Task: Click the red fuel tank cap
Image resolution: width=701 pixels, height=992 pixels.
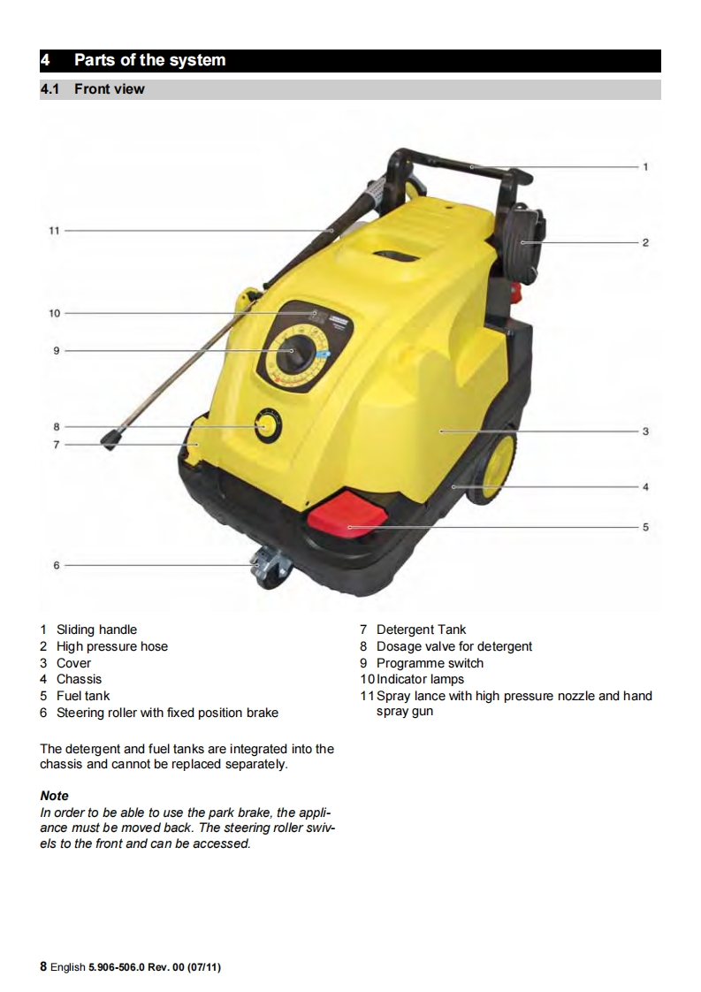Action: coord(347,515)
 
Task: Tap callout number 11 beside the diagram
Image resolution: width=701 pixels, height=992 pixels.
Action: coord(55,230)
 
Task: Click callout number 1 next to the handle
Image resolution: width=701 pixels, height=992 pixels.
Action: coord(646,166)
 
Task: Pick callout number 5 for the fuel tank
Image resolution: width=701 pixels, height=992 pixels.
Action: coord(646,527)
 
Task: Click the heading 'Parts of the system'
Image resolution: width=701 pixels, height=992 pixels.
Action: coord(149,60)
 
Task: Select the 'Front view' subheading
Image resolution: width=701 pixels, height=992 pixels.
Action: coord(109,89)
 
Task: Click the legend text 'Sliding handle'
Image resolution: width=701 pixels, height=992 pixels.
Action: coord(96,630)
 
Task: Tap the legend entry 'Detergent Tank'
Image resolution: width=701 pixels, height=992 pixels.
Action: coord(421,630)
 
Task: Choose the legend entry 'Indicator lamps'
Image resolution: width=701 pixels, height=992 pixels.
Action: coord(420,679)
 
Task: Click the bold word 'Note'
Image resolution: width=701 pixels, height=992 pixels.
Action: coord(54,796)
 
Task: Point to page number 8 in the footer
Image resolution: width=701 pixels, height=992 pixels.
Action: coord(43,967)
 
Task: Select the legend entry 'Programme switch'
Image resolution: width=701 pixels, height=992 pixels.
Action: coord(430,663)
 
